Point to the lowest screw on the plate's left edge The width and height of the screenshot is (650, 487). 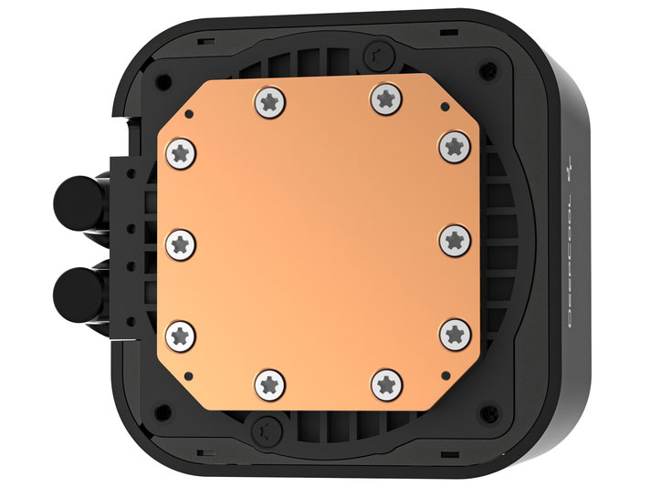182,332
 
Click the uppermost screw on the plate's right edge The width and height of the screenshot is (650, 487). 453,144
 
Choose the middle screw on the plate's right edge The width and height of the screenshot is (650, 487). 453,240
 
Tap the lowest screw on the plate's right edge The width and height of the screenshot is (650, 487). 453,334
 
